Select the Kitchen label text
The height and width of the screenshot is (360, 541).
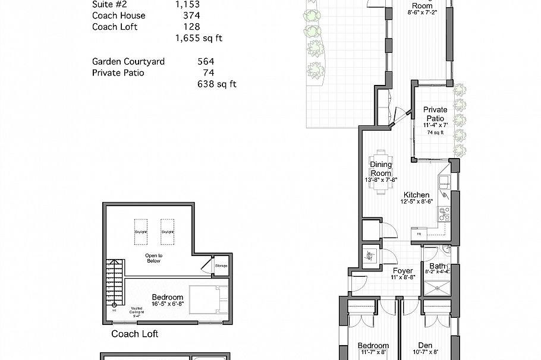pyautogui.click(x=416, y=195)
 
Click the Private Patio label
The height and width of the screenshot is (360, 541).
pyautogui.click(x=435, y=113)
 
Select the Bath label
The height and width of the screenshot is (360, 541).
pyautogui.click(x=438, y=266)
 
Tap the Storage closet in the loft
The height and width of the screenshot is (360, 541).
pyautogui.click(x=221, y=265)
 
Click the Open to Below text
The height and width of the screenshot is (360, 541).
pyautogui.click(x=154, y=257)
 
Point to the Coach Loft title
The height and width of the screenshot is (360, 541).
pyautogui.click(x=134, y=334)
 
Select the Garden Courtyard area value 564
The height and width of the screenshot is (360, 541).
pyautogui.click(x=205, y=61)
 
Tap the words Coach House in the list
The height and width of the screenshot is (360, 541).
pyautogui.click(x=118, y=15)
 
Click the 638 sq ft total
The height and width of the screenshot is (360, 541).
pyautogui.click(x=216, y=84)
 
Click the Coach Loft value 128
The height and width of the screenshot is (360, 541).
pyautogui.click(x=192, y=27)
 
